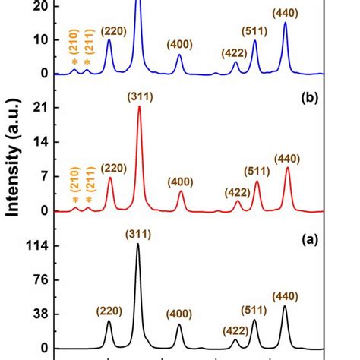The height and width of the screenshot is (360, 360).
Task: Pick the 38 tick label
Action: (x=40, y=314)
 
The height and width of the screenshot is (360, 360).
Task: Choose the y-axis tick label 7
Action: (x=45, y=176)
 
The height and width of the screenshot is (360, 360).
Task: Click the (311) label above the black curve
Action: (x=138, y=235)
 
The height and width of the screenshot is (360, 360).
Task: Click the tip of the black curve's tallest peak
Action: (x=138, y=245)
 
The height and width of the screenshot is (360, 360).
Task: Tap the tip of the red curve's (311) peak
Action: (x=140, y=107)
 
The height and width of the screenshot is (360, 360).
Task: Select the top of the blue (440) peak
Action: (x=286, y=23)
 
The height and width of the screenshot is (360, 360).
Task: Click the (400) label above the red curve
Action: (x=181, y=182)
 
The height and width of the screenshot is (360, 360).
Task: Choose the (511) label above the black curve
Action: (x=254, y=310)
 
